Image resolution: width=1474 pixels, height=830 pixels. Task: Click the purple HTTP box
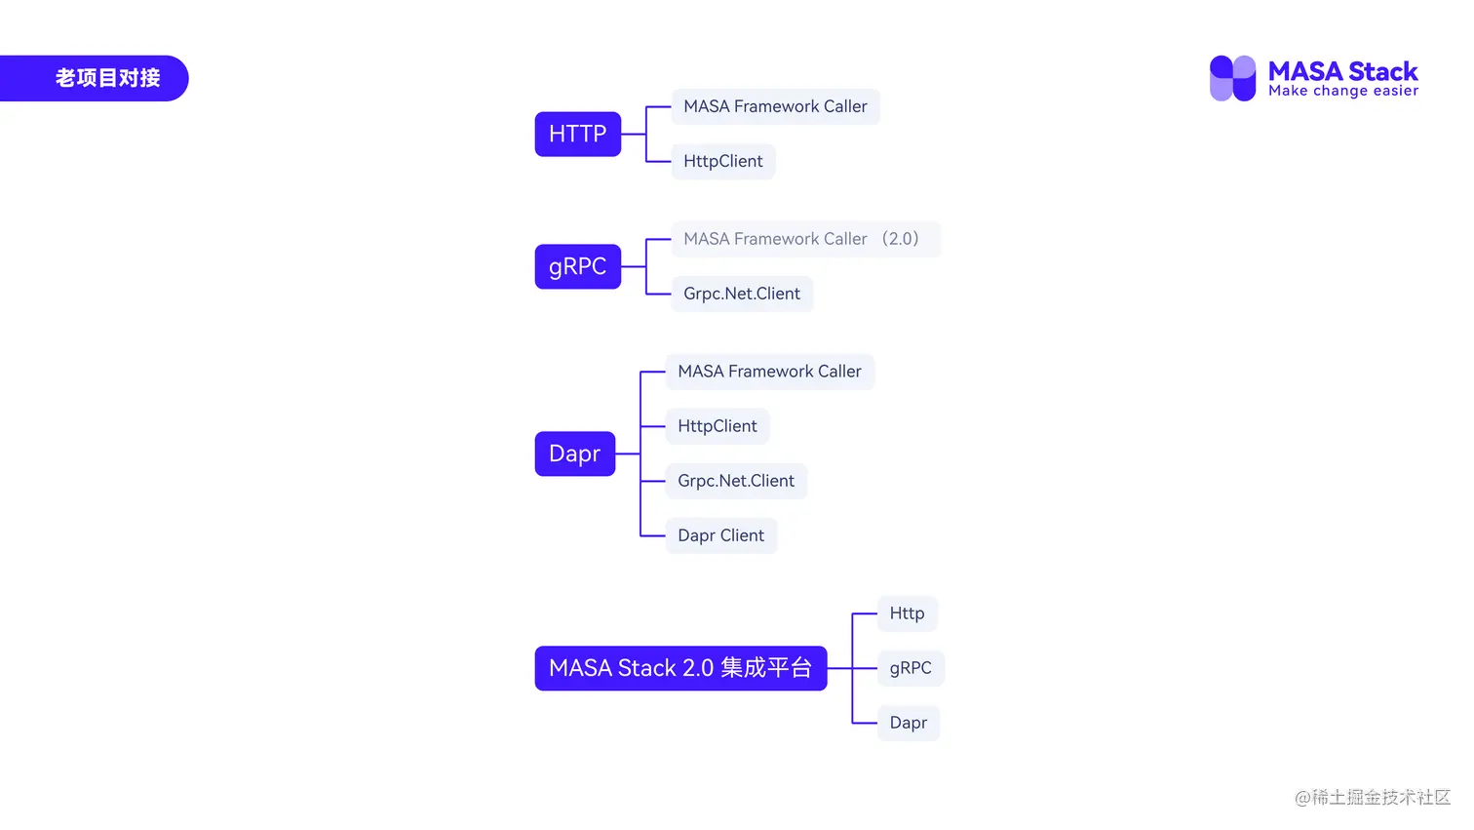(x=577, y=135)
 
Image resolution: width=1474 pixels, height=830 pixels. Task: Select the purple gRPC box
(x=577, y=267)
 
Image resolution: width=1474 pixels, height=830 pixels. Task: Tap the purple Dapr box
(x=574, y=455)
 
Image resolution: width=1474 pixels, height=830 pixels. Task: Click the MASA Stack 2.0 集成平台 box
(x=680, y=669)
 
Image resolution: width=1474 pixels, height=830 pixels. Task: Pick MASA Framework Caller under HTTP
(x=775, y=107)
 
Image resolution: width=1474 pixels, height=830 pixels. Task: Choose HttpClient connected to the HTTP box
(x=722, y=162)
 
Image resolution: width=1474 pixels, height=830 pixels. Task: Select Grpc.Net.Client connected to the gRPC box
(x=742, y=295)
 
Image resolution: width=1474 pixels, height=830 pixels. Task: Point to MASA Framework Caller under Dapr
(x=769, y=373)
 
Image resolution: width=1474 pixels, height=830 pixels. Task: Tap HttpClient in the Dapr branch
(x=718, y=427)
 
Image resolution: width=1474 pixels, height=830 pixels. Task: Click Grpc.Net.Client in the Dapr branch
(x=736, y=482)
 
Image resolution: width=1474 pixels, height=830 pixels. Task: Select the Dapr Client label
(x=720, y=536)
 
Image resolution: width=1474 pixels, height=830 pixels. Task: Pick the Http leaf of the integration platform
(x=907, y=614)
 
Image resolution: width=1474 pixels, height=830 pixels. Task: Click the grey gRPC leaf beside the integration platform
(x=911, y=669)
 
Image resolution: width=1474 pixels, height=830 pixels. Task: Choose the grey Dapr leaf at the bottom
(x=908, y=724)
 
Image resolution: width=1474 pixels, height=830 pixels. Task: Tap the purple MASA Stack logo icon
(x=1232, y=79)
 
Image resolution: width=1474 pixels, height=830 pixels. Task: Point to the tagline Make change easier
(x=1342, y=92)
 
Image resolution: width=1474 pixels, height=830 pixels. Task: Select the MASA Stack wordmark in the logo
(x=1342, y=71)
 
